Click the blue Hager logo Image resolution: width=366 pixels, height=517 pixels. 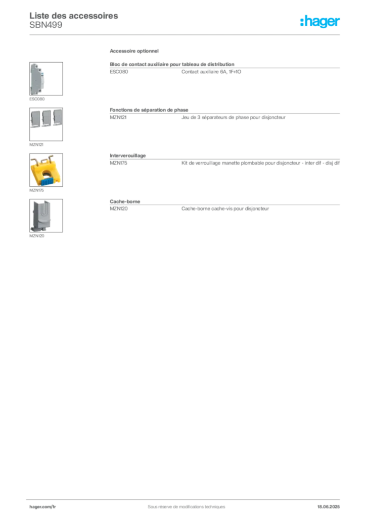pyautogui.click(x=320, y=22)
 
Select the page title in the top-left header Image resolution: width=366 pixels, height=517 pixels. pyautogui.click(x=74, y=16)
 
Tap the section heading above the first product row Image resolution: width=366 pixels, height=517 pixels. pyautogui.click(x=135, y=52)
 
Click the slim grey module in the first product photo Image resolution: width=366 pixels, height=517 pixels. pyautogui.click(x=36, y=79)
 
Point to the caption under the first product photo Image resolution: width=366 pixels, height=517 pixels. pyautogui.click(x=38, y=98)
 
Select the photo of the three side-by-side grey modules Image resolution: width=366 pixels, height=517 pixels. pyautogui.click(x=46, y=118)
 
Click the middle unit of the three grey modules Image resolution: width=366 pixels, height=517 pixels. pyautogui.click(x=46, y=118)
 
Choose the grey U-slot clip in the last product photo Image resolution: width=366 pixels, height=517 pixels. pyautogui.click(x=40, y=215)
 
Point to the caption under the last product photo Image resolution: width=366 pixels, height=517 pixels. pyautogui.click(x=38, y=235)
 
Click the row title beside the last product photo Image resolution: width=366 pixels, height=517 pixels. pyautogui.click(x=124, y=201)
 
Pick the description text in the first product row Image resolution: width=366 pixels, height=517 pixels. pyautogui.click(x=210, y=74)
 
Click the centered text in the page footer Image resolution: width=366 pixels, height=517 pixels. pyautogui.click(x=182, y=503)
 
